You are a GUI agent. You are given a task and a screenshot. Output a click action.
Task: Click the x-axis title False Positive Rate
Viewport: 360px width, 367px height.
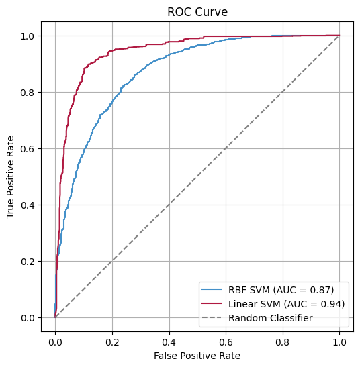pos(197,354)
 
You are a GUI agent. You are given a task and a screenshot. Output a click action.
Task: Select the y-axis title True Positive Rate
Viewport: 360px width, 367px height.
pos(11,176)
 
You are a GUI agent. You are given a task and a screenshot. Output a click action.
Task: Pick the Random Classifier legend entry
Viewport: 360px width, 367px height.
pos(271,318)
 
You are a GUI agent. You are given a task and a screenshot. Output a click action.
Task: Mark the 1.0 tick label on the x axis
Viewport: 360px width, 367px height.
pos(339,340)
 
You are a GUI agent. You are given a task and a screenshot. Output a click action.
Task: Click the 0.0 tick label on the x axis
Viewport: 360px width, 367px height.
pos(55,340)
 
